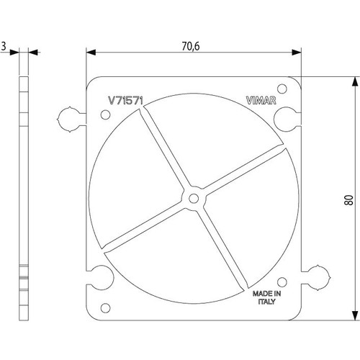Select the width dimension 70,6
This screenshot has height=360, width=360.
point(192,45)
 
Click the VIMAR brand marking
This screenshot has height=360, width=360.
point(261,102)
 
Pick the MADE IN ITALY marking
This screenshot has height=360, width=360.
point(266,298)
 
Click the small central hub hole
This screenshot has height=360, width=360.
point(193,196)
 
